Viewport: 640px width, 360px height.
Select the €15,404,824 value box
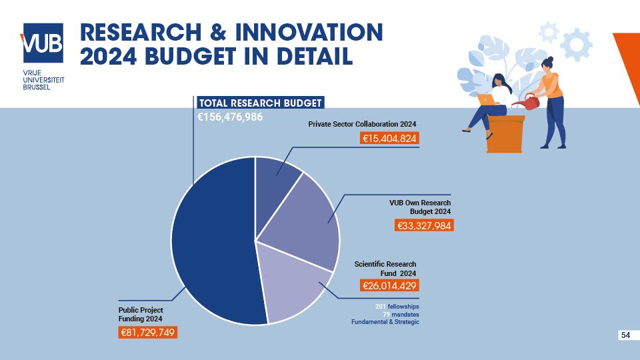coord(389,139)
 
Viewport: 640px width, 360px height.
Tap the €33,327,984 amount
coord(425,225)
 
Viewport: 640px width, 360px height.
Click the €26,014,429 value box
coord(389,286)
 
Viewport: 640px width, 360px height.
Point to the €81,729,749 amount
coord(148,332)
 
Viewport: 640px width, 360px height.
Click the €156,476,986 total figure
coord(231,117)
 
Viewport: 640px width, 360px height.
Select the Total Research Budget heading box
coord(261,103)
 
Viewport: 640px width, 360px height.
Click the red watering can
coord(531,103)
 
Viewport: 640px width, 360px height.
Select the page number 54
coord(625,335)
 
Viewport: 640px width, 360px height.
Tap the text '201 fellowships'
coord(397,306)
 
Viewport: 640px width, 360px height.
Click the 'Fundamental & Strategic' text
coord(385,322)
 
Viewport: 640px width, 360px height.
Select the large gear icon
coord(575,45)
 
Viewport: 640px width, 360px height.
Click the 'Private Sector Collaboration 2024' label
coord(362,124)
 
